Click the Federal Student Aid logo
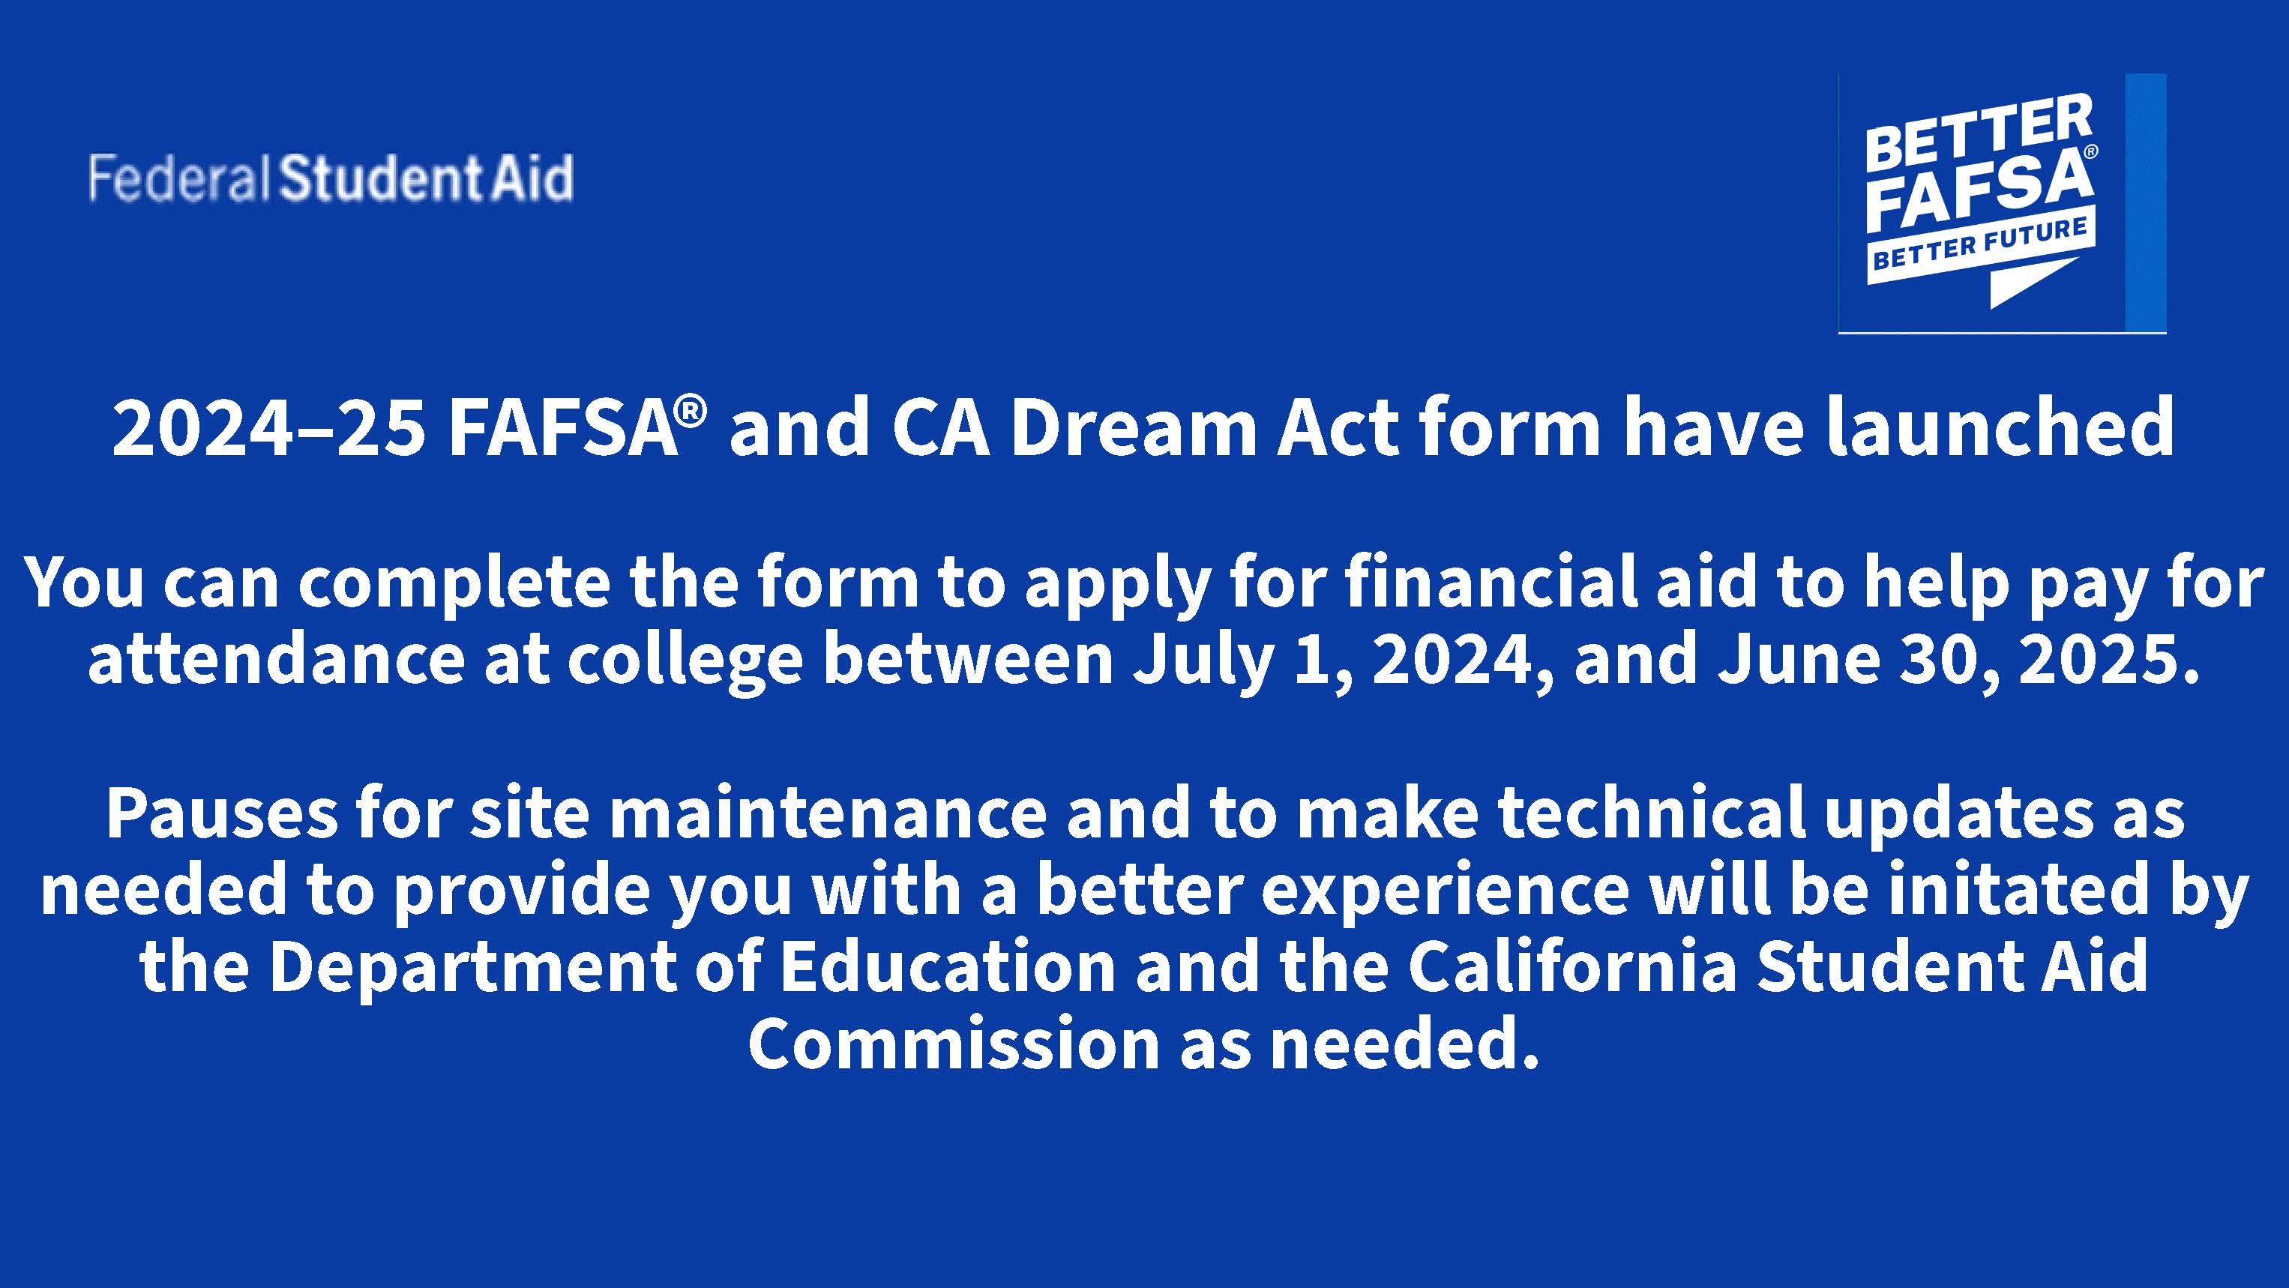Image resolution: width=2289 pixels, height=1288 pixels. coord(331,178)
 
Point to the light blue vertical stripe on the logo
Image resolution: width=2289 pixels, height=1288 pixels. coord(2145,202)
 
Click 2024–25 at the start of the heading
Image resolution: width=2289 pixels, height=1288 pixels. coord(268,429)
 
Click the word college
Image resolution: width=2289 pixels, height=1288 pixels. coord(685,663)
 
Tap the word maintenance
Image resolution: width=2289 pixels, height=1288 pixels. coord(828,813)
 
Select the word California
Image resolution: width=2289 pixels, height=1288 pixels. coord(1571,966)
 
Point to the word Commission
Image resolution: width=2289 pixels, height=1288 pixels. coord(954,1043)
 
